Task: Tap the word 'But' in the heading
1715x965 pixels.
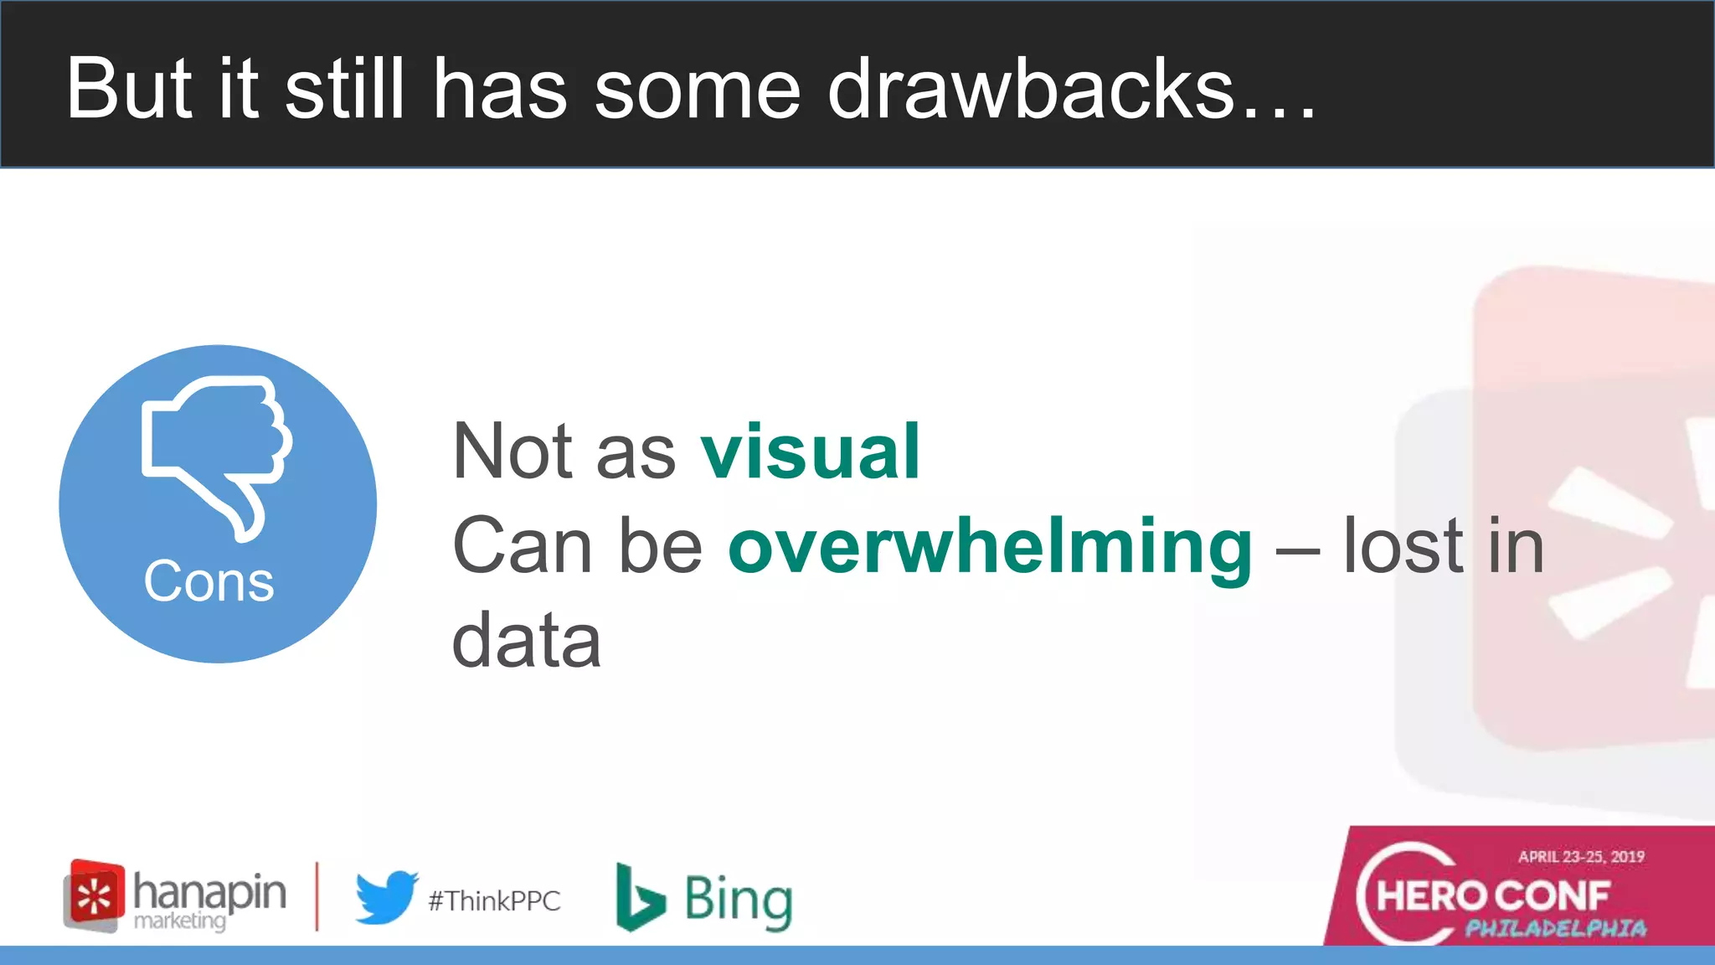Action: coord(130,89)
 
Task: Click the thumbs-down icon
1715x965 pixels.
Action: coord(216,452)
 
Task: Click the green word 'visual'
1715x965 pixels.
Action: coord(811,452)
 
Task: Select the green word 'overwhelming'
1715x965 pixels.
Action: coord(990,546)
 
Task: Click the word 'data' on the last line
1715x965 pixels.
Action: coord(526,641)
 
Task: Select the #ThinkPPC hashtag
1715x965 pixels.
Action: coord(494,901)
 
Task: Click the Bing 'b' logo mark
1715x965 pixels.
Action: coord(639,897)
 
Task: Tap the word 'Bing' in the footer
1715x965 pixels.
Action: coord(738,900)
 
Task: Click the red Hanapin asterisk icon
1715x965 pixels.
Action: coord(95,895)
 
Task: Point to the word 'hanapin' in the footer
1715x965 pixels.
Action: coord(209,891)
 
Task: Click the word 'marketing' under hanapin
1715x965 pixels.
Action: coord(180,921)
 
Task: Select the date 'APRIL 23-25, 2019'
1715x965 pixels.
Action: coord(1581,856)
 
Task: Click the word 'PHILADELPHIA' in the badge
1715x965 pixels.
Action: coord(1555,928)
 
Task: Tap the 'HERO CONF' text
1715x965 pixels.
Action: coord(1493,896)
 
